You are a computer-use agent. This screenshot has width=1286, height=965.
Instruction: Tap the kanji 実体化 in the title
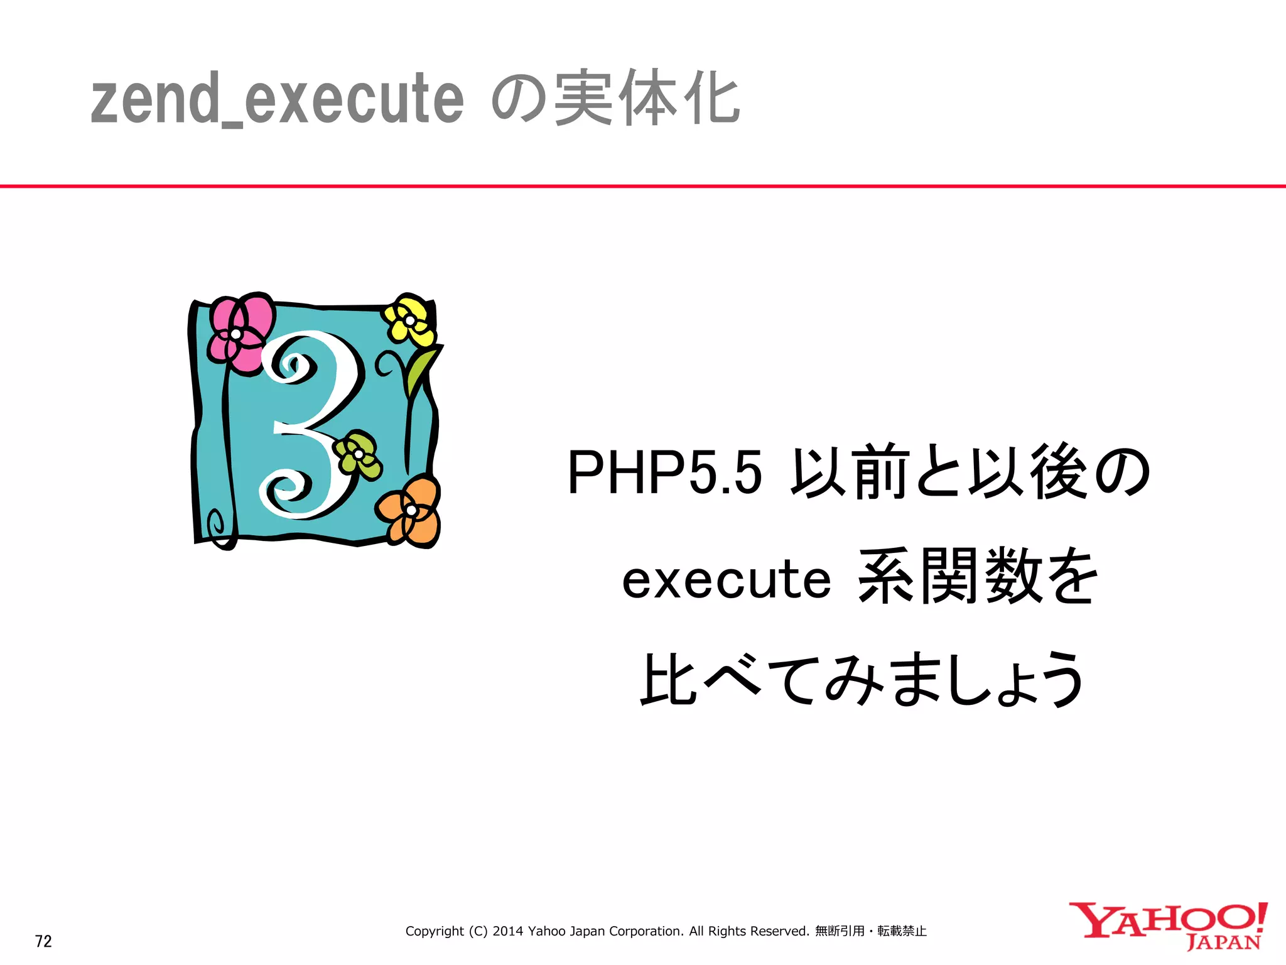pos(647,99)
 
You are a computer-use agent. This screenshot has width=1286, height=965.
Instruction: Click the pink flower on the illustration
pos(240,333)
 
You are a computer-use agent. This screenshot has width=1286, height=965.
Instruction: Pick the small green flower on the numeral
pos(357,454)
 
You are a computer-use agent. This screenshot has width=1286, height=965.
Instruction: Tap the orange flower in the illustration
pos(410,510)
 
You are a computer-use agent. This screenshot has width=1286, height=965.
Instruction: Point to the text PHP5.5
pos(664,472)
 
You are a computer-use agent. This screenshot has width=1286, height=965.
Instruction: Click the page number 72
pos(43,941)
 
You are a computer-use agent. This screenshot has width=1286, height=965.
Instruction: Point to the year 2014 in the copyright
pos(507,931)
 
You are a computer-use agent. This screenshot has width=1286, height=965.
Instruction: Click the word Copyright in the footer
pos(435,931)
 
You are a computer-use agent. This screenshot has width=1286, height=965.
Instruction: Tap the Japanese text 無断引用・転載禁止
pos(870,931)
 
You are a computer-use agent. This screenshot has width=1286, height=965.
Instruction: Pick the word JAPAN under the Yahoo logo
pos(1223,943)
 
